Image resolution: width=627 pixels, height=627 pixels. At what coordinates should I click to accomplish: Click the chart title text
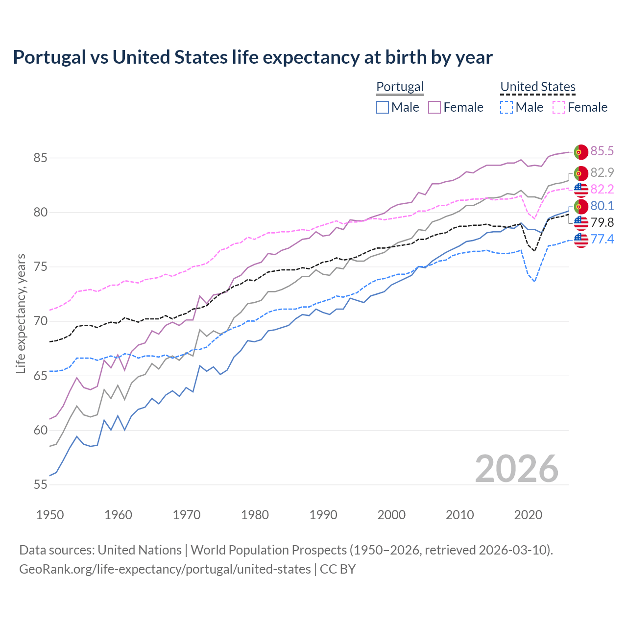[253, 57]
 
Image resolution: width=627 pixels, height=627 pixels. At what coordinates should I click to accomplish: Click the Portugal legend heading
[400, 87]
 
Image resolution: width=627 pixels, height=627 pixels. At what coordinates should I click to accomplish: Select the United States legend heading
[537, 87]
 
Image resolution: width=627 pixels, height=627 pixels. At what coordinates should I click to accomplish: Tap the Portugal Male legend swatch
[383, 107]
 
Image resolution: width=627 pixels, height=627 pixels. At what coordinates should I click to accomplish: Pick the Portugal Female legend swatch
[434, 107]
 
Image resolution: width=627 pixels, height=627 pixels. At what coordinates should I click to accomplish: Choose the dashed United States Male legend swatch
[506, 107]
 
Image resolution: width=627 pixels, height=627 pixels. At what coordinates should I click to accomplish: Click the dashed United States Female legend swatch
[559, 107]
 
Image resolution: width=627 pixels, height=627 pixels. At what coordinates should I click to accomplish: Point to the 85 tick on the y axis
[40, 158]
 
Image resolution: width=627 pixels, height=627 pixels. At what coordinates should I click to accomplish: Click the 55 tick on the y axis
[40, 485]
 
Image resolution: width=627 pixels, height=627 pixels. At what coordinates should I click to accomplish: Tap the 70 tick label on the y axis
[40, 321]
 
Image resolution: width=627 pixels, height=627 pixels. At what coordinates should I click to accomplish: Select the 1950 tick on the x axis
[50, 515]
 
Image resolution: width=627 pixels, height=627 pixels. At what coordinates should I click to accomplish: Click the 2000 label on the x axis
[391, 515]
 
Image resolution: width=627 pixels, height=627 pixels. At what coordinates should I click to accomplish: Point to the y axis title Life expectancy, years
[21, 313]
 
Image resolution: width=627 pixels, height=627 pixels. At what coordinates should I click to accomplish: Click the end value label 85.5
[602, 151]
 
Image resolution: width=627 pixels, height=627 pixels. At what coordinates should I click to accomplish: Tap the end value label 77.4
[602, 239]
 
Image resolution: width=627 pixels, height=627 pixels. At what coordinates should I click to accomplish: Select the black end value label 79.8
[602, 222]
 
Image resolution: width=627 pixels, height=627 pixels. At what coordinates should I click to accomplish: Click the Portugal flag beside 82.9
[581, 173]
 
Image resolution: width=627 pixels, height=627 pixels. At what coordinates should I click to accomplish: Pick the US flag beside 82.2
[581, 190]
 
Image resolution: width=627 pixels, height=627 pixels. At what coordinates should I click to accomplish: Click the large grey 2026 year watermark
[517, 469]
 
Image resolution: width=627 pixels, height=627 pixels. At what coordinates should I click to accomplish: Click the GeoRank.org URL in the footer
[165, 569]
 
